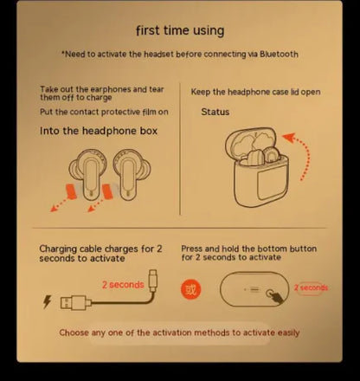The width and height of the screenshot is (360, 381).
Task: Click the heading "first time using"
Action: coord(180,30)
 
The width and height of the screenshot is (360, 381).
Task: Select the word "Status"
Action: coord(215,112)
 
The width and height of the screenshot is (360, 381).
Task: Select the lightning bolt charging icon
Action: coord(47,303)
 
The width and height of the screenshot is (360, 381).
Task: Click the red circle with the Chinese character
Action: coord(191,288)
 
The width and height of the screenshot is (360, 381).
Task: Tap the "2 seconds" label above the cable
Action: coord(122,284)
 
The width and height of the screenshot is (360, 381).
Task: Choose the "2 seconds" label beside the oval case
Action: coord(310,287)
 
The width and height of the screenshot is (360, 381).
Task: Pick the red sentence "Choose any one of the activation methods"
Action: coord(179,333)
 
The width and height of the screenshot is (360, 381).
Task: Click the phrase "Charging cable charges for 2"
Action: coord(100,249)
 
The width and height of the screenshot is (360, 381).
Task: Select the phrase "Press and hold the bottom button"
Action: coord(250,248)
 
